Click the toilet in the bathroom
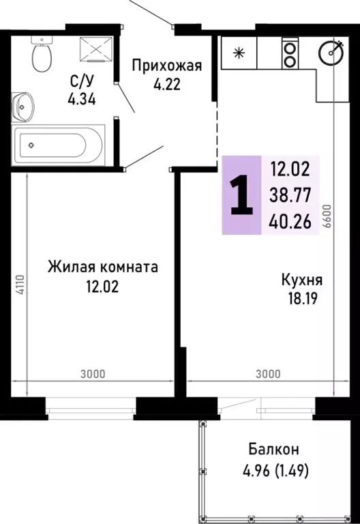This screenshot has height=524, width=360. pyautogui.click(x=41, y=56)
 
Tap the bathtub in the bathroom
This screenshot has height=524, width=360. pyautogui.click(x=58, y=144)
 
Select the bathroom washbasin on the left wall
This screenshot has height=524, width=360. pyautogui.click(x=24, y=105)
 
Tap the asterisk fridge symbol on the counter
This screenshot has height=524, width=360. pyautogui.click(x=239, y=52)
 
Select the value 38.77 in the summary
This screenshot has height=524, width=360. pyautogui.click(x=290, y=195)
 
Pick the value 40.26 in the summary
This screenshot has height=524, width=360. pyautogui.click(x=290, y=220)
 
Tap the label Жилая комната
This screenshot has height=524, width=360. pyautogui.click(x=102, y=267)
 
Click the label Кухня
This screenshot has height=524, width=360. pyautogui.click(x=301, y=280)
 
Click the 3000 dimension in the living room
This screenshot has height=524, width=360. pyautogui.click(x=92, y=373)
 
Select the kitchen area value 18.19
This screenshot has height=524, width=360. pyautogui.click(x=301, y=298)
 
